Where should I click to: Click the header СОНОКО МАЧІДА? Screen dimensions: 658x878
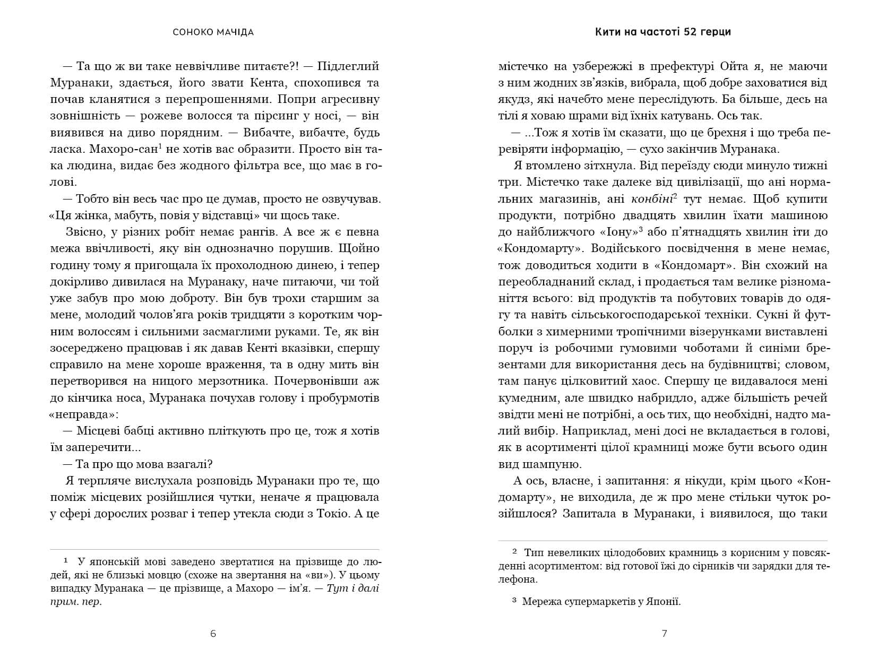point(213,32)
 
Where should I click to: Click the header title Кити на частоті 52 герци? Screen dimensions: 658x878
point(663,32)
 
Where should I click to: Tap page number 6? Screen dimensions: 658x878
point(213,634)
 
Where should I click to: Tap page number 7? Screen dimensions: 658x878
point(664,634)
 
